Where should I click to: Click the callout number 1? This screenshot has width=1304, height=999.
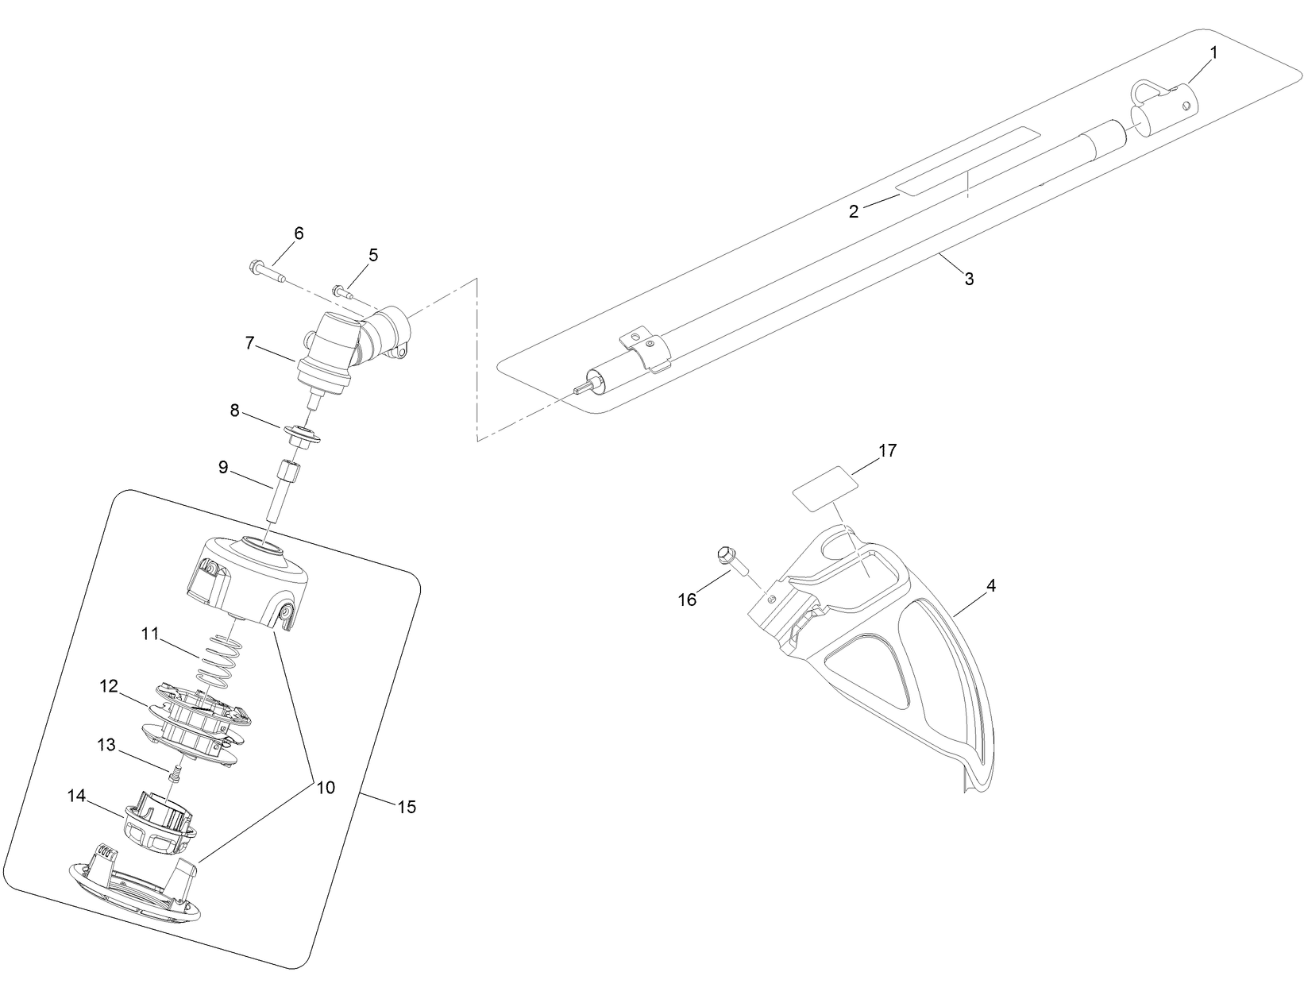[x=1213, y=52]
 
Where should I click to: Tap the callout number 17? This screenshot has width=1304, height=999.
[x=887, y=450]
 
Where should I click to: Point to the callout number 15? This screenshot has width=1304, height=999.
[x=406, y=807]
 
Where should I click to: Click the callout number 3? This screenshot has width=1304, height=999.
[x=969, y=279]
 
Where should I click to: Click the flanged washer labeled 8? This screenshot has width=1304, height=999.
[x=303, y=434]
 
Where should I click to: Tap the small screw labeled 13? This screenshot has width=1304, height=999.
[x=176, y=771]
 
